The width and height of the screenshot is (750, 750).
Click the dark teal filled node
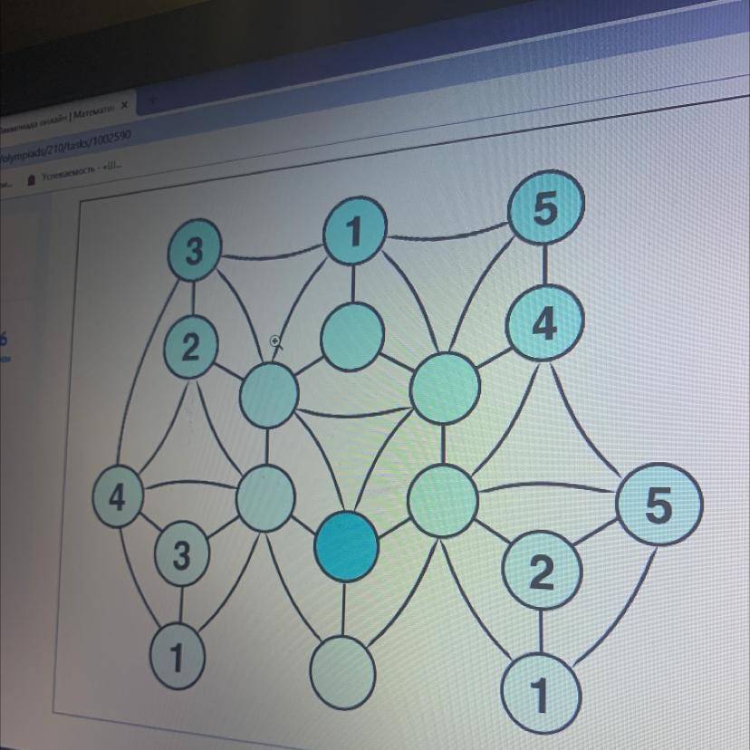345,544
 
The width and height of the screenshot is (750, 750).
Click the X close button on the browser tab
123,106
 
